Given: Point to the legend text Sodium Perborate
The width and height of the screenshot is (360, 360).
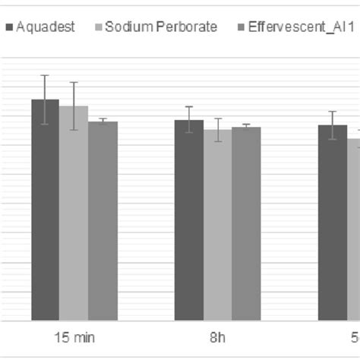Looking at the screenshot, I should [161, 27].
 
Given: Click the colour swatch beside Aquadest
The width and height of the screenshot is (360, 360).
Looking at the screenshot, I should [9, 28].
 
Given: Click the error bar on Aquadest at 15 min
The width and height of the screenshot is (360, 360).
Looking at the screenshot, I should [45, 99].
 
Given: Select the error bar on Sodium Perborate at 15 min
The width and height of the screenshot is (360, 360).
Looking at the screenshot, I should [74, 106].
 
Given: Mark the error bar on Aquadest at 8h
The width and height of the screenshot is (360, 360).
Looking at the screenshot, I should [188, 119].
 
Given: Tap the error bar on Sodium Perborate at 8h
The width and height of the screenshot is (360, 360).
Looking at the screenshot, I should [217, 129].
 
